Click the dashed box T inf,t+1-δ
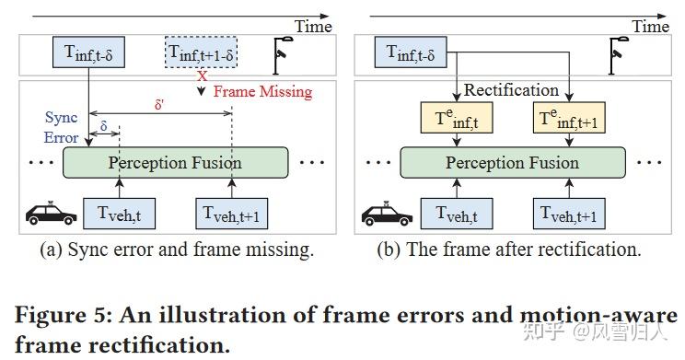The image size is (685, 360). coord(202,52)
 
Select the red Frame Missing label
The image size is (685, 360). coord(262,92)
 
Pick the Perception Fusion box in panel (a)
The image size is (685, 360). coord(175,163)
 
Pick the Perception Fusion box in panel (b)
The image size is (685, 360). coord(513,163)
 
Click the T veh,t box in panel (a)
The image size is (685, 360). coord(121,214)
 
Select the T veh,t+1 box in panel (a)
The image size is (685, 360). coord(232,214)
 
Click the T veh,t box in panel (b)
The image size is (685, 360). coord(458,214)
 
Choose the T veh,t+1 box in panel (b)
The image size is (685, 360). coord(569,214)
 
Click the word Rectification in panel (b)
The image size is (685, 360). coord(511,90)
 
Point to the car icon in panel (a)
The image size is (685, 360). coord(51,214)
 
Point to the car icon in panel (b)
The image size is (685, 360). coord(387,214)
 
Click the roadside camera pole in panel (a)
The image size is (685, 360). coord(283,54)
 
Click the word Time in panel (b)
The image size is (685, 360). coord(650,27)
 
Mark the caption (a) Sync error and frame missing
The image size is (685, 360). coord(176,250)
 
